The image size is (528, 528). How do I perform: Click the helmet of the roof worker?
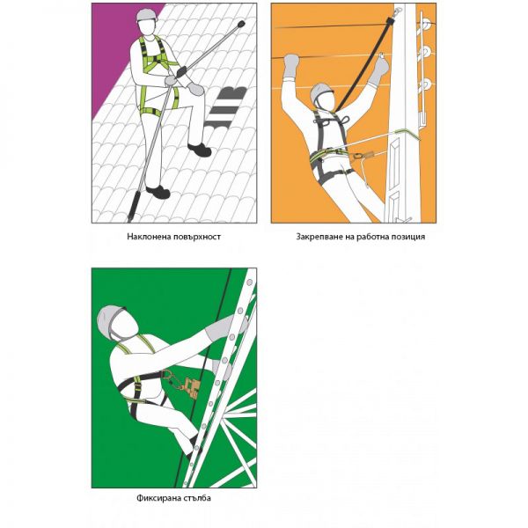click(147, 15)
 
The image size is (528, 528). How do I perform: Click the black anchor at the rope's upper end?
click(240, 25)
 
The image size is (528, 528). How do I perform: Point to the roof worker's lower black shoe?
click(158, 192)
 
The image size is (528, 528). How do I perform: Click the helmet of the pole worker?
click(321, 92)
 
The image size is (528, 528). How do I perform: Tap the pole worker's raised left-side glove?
click(291, 66)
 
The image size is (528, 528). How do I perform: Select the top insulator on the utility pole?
click(426, 25)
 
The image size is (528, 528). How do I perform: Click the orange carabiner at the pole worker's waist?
click(356, 156)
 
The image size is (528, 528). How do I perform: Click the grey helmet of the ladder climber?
click(110, 321)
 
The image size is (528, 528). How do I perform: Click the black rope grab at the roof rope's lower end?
click(134, 205)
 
